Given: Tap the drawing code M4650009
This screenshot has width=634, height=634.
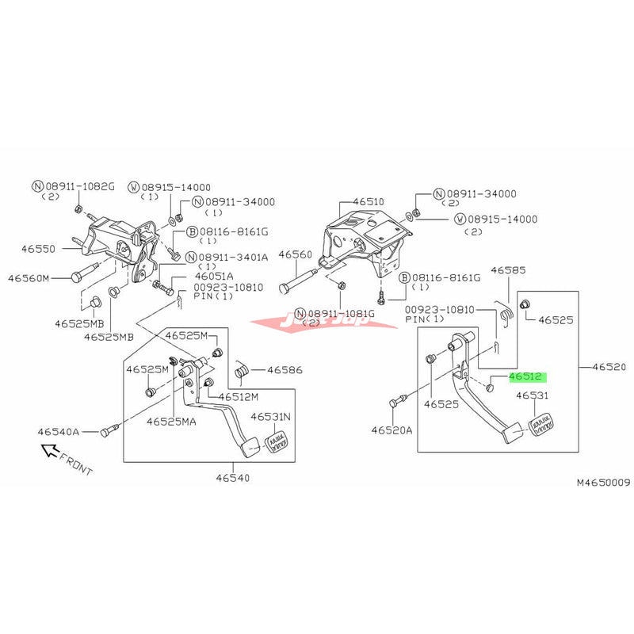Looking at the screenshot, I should tap(602, 481).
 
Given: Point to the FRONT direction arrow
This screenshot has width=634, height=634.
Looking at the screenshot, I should tap(52, 453).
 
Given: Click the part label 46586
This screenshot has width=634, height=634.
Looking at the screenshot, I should tap(285, 369).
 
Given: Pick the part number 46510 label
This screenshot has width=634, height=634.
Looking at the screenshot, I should tap(368, 202).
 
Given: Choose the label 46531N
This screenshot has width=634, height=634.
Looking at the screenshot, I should tap(271, 416).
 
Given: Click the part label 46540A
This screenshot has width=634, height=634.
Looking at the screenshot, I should tap(58, 432).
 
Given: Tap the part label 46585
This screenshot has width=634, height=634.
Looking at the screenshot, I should tap(508, 270).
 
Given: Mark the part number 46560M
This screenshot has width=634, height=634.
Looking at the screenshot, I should tap(29, 278).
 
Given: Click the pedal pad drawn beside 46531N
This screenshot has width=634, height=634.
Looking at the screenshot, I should tap(279, 439).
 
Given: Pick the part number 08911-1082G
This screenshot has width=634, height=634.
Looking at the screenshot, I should tap(78, 186).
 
